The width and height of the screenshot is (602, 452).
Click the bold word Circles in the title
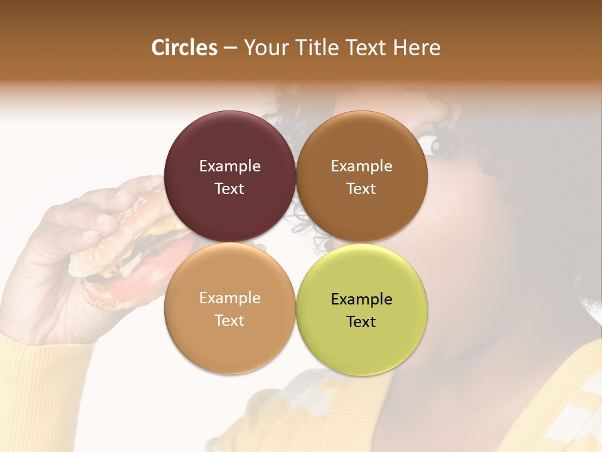point(184,48)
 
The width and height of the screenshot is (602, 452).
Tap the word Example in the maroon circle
point(230,166)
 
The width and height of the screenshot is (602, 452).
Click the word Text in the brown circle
point(361,188)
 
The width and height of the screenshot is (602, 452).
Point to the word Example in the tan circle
point(230,298)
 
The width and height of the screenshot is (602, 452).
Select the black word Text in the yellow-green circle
point(361,321)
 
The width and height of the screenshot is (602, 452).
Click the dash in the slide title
point(230,48)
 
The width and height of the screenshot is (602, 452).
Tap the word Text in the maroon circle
point(230,188)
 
